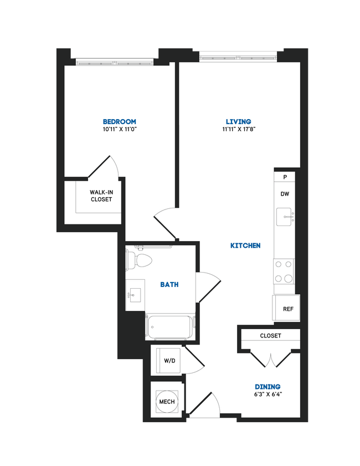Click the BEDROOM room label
point(119,121)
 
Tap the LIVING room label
point(238,121)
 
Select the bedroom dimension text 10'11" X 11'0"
point(119,129)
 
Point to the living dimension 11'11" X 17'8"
point(239,129)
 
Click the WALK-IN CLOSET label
point(101,196)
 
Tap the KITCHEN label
point(245,245)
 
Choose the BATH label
point(169,284)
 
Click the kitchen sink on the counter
point(285,216)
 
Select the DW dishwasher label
point(285,194)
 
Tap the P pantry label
point(285,177)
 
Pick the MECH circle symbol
point(167,402)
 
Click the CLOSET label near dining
point(270,336)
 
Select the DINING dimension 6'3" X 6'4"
point(268,395)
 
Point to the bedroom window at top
point(115,62)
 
